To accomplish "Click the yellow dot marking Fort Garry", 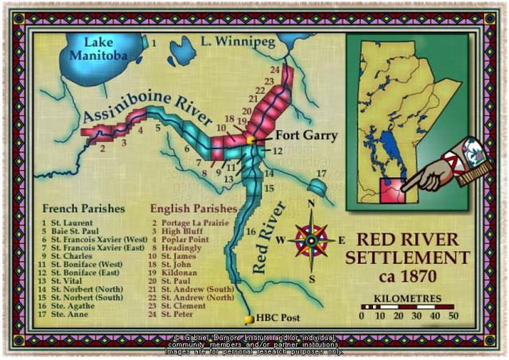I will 251,140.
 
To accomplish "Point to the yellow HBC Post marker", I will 250,319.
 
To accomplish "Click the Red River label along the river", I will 270,238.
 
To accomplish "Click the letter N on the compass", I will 312,203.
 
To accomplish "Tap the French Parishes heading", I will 84,208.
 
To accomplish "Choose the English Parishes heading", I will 191,208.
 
